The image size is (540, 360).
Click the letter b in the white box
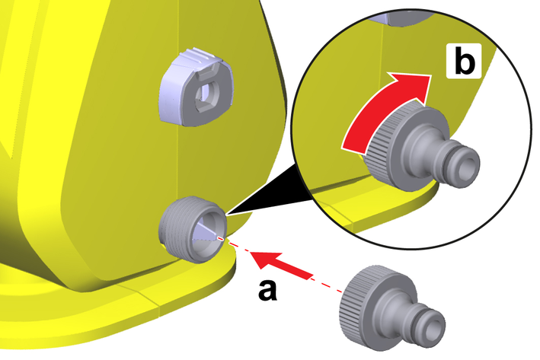pos(465,61)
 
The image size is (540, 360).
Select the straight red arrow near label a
pos(281,264)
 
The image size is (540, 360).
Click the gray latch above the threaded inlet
pos(197,88)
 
